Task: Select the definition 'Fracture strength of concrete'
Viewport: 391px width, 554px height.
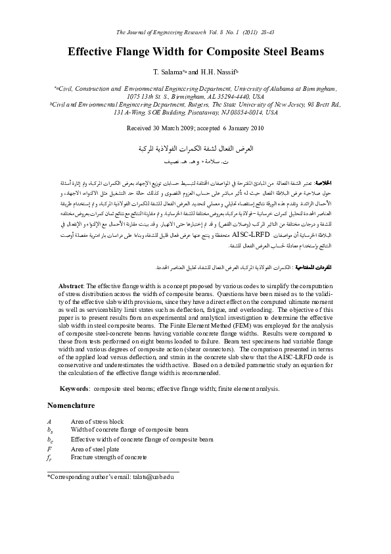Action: click(108, 457)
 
